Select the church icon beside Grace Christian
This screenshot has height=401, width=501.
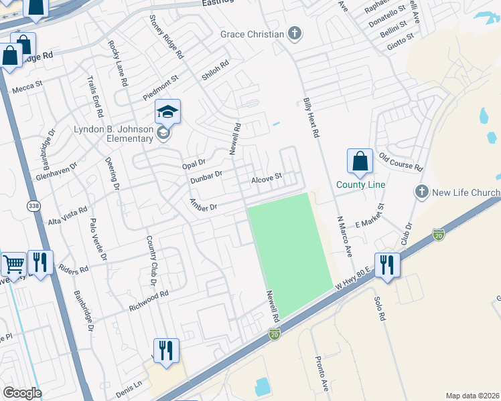click(x=293, y=33)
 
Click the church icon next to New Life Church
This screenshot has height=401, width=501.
click(x=421, y=192)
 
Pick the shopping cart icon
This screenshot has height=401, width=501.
click(x=13, y=265)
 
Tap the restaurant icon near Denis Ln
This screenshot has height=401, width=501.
click(x=165, y=350)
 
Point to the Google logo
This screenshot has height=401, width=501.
click(x=22, y=393)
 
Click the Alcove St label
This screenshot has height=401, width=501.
click(x=267, y=179)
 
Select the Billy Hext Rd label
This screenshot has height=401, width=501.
click(x=310, y=116)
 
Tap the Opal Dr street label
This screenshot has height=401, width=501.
click(x=193, y=164)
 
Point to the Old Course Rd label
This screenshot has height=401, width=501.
click(x=401, y=161)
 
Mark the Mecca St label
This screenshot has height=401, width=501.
click(x=27, y=85)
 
